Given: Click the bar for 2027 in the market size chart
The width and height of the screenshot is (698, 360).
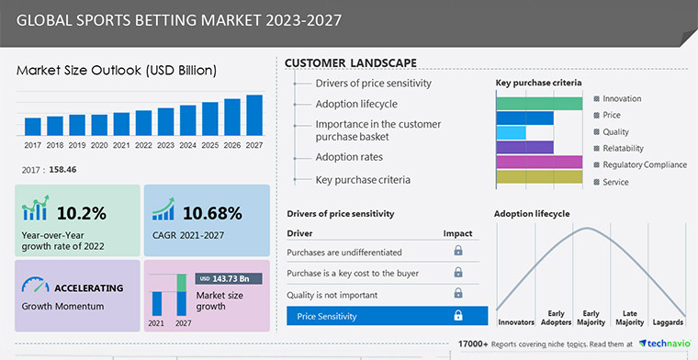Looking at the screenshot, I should [x=254, y=116].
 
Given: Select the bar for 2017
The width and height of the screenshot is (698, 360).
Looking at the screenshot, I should [x=33, y=127].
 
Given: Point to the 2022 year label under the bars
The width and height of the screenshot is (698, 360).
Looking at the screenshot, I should [x=143, y=145].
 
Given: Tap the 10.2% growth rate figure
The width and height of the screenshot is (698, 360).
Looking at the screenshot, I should [x=82, y=213].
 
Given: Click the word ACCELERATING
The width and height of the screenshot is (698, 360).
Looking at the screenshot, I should [x=90, y=287].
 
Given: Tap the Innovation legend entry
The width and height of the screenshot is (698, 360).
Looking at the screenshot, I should [x=622, y=99].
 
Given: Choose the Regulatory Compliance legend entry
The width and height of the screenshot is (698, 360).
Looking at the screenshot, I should [x=644, y=165].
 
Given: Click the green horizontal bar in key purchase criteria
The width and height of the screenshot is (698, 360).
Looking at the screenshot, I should [x=539, y=103].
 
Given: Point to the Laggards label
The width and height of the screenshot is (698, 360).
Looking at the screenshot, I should [x=669, y=322].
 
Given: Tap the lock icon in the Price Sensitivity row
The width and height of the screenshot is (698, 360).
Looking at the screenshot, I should [x=457, y=316].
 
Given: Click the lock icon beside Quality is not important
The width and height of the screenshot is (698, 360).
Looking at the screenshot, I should [x=457, y=294].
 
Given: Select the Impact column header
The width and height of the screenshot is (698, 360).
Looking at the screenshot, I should [x=457, y=233].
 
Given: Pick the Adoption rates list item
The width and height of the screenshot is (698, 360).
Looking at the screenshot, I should [x=350, y=157].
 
